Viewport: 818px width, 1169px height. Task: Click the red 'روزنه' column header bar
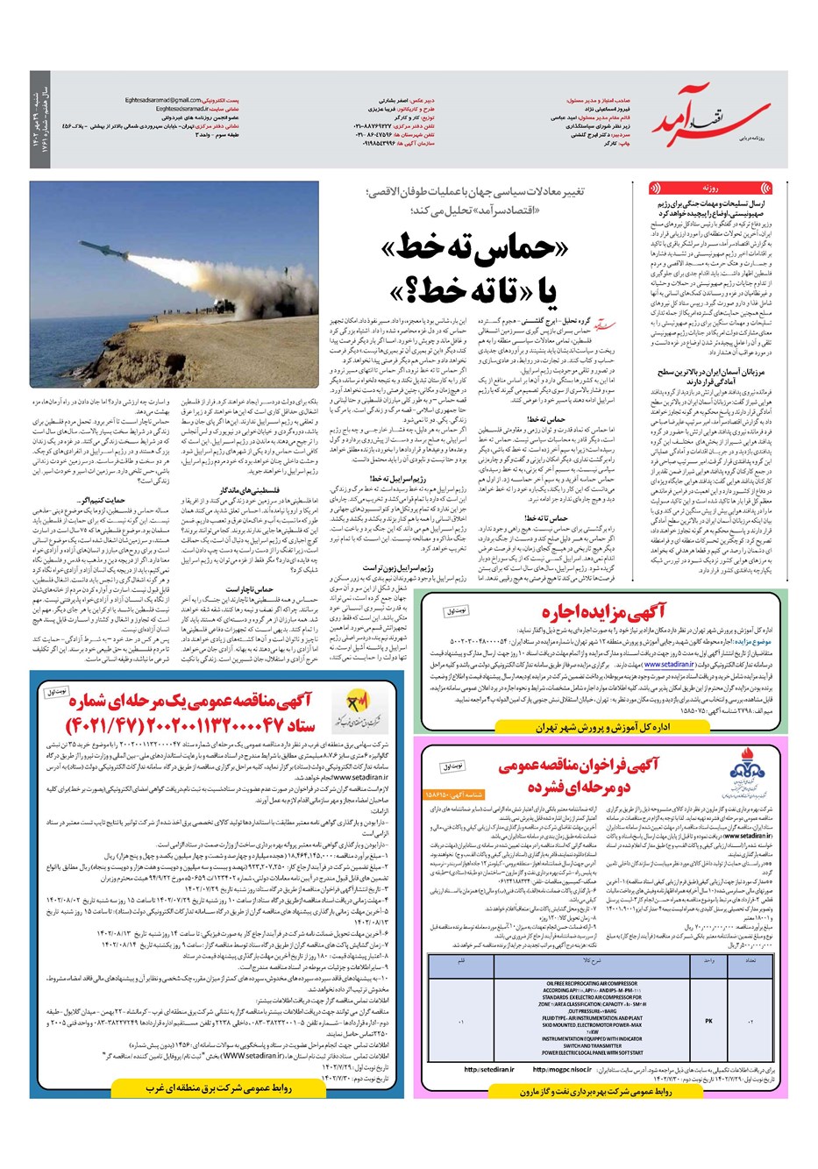pyautogui.click(x=711, y=188)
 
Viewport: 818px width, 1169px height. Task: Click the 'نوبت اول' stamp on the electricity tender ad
pyautogui.click(x=53, y=692)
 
